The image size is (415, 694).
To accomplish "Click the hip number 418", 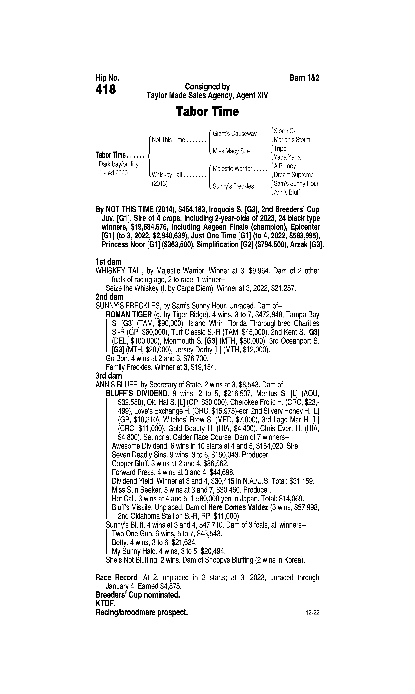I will click(106, 90).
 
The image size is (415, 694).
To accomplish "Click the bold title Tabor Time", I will click(207, 112).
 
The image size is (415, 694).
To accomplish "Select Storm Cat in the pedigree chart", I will click(286, 131).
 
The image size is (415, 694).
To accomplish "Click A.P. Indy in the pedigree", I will click(285, 166).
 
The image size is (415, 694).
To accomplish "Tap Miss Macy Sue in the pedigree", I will click(231, 151).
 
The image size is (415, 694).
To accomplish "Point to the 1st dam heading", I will click(108, 262).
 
